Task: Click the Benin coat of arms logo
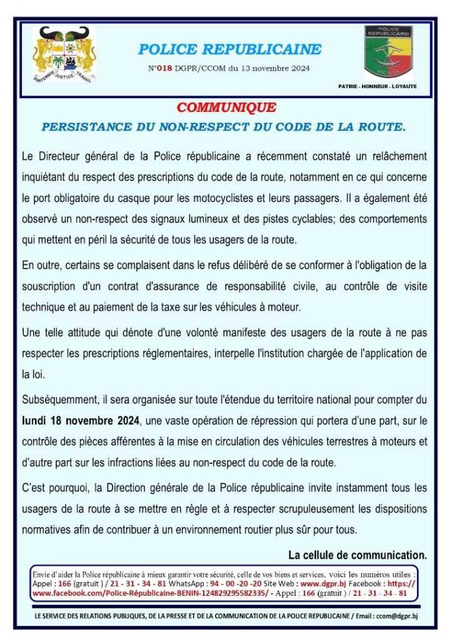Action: pyautogui.click(x=64, y=55)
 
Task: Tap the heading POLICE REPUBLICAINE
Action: pyautogui.click(x=229, y=49)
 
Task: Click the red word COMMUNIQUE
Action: pyautogui.click(x=226, y=108)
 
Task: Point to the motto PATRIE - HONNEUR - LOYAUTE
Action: pyautogui.click(x=377, y=86)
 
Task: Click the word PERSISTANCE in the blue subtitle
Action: pyautogui.click(x=86, y=127)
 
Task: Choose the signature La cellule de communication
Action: pyautogui.click(x=358, y=555)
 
